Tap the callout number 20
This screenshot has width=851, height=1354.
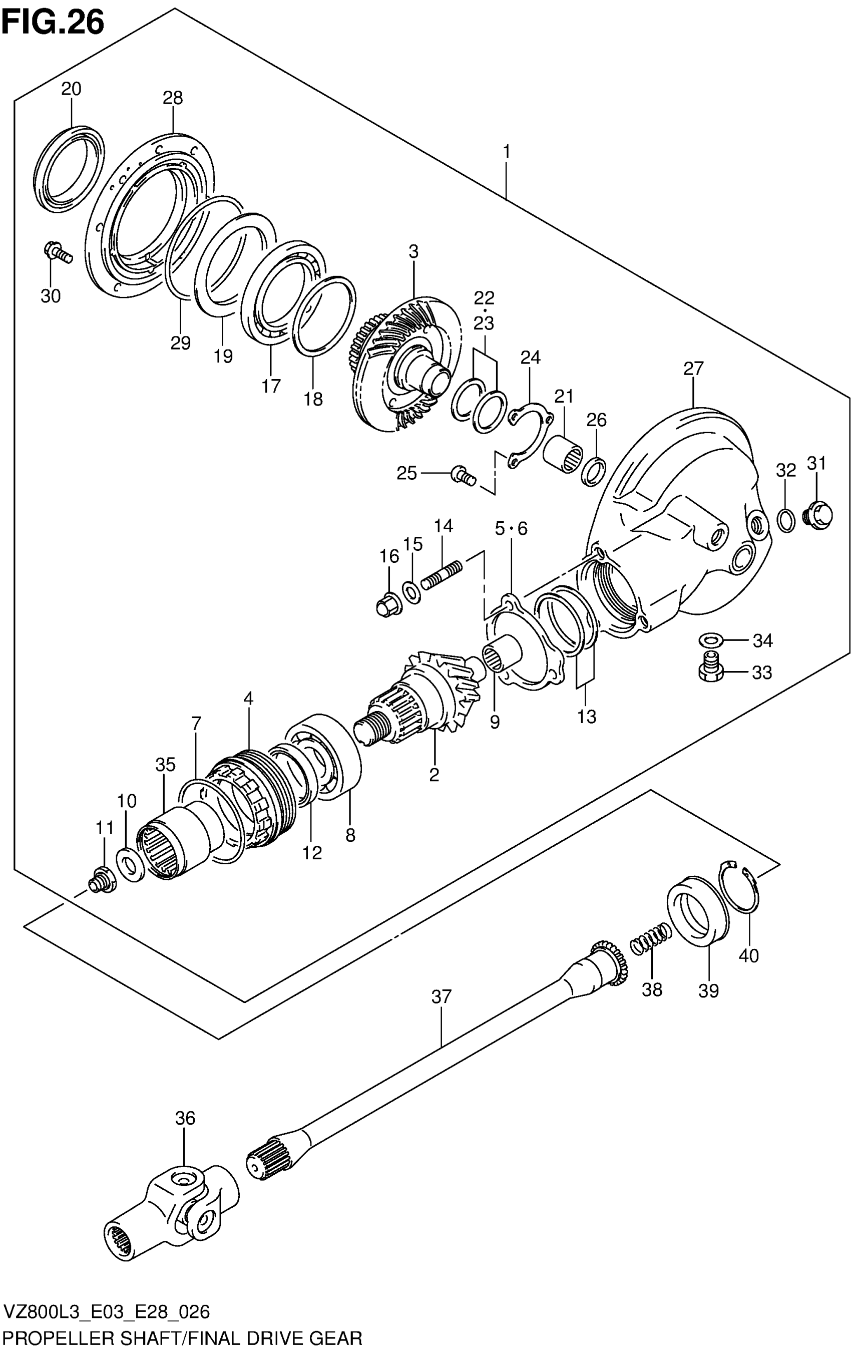[72, 89]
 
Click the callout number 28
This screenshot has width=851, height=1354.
[173, 99]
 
